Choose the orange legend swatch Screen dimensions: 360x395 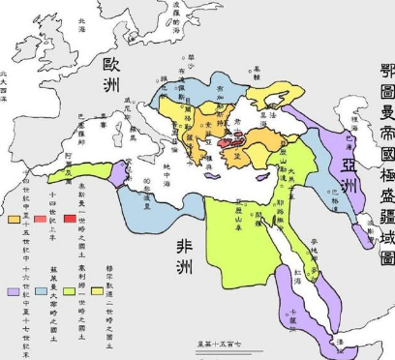(14, 220)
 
